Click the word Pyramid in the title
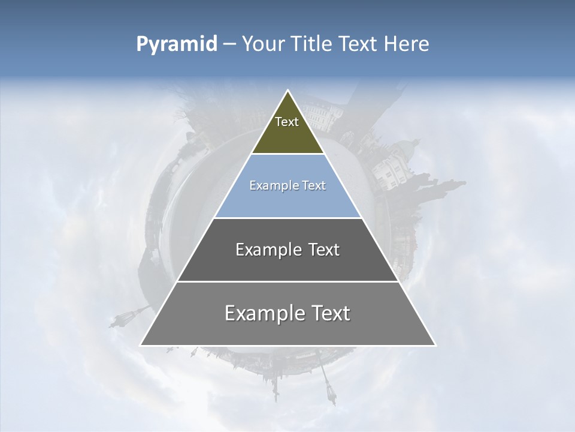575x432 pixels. [176, 44]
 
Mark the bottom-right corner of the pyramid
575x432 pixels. [435, 345]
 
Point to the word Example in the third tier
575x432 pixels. [262, 250]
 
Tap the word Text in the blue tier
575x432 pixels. [314, 186]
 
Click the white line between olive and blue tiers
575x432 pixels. [287, 154]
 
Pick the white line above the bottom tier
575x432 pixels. [287, 281]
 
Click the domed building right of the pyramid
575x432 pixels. [395, 159]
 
